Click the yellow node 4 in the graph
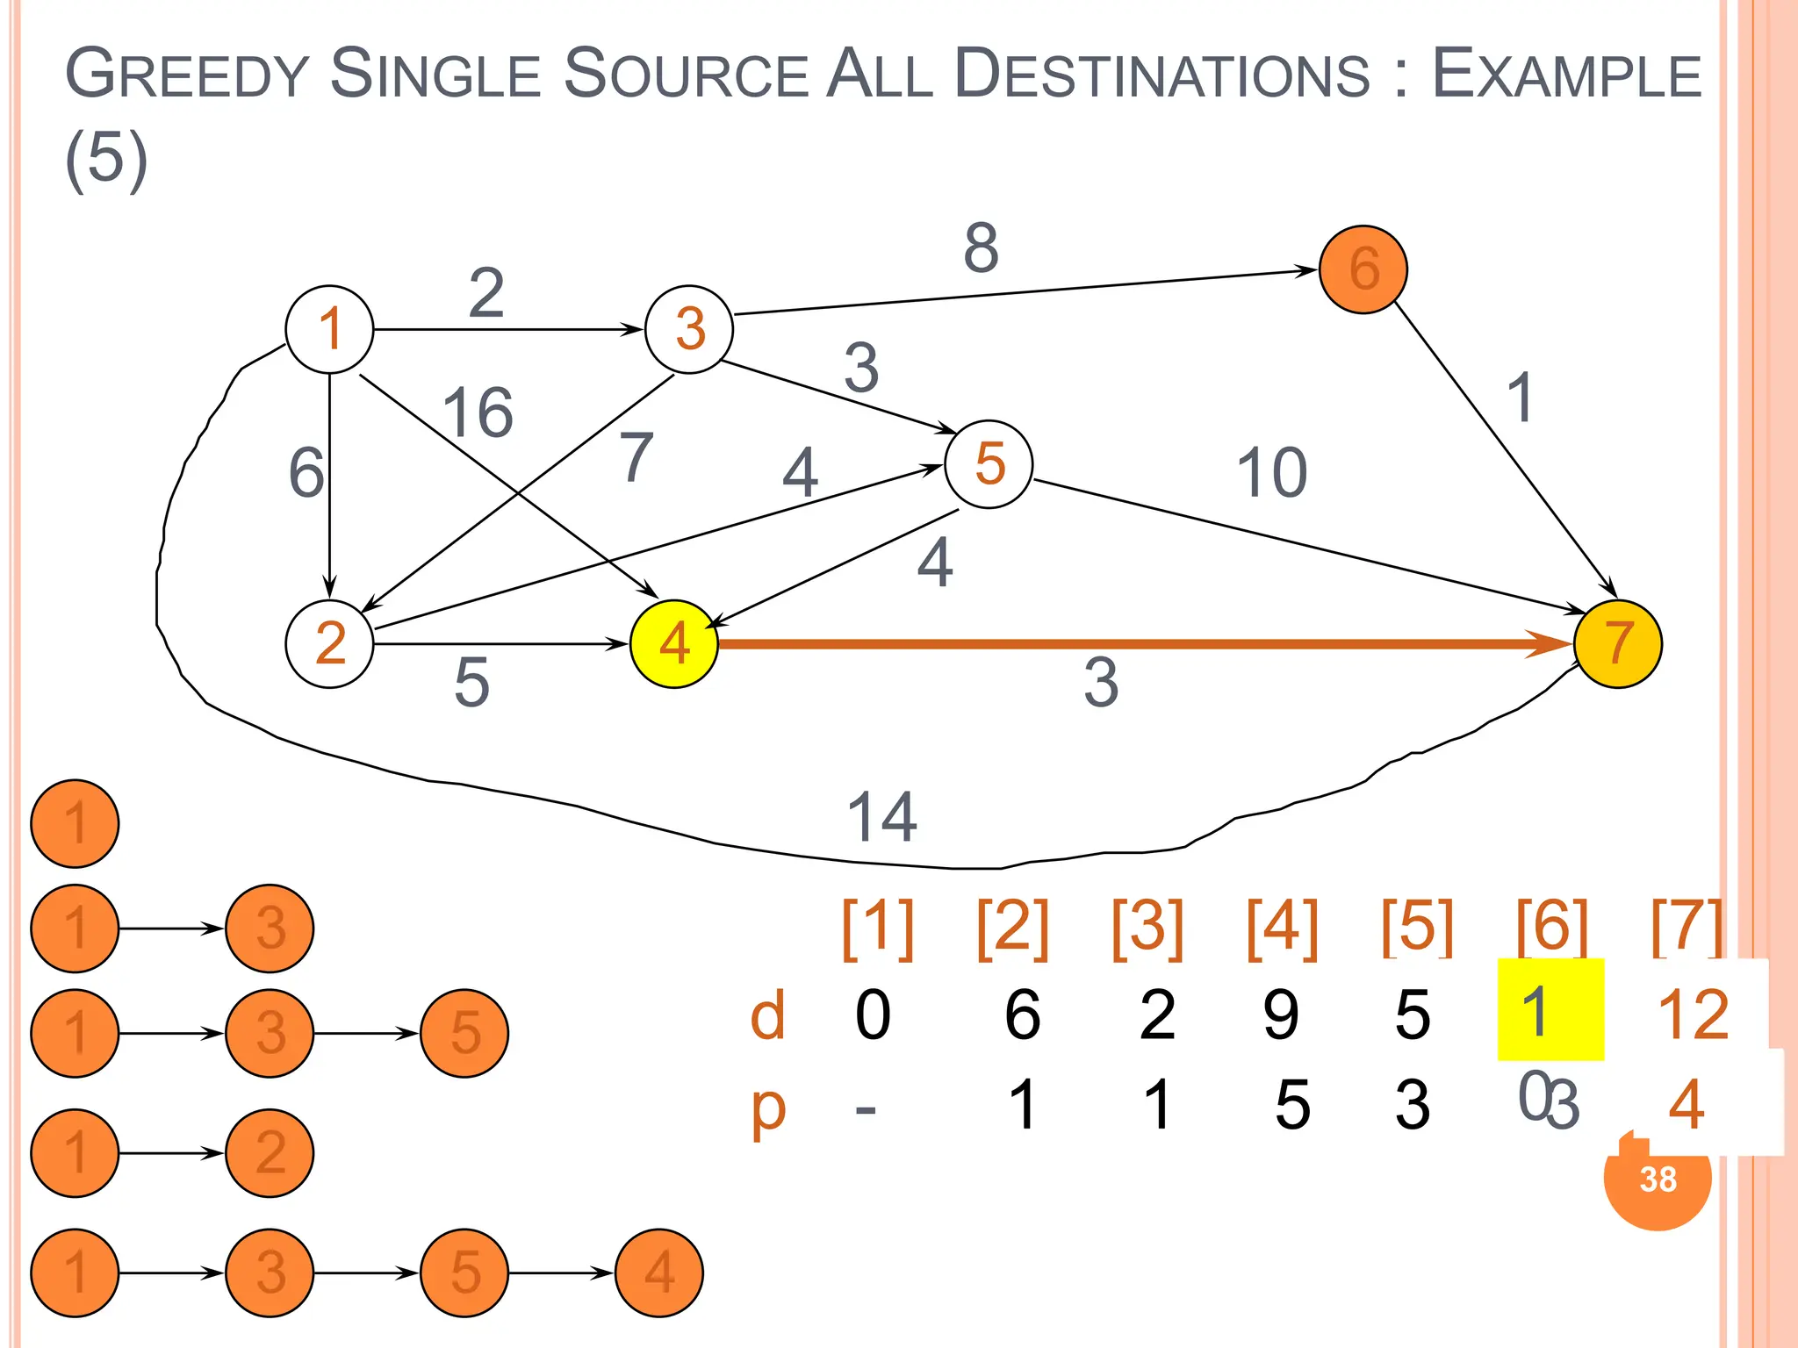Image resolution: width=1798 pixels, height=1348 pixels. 673,643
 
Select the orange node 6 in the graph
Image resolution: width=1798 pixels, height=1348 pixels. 1363,269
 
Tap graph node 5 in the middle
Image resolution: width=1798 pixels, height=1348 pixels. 989,464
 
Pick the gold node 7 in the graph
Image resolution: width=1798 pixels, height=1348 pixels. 1617,643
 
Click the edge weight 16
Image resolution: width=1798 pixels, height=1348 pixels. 478,412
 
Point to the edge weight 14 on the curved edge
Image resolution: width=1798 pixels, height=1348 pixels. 881,816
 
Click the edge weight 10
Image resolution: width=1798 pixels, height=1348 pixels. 1271,473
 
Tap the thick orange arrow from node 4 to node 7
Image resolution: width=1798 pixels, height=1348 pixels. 1141,644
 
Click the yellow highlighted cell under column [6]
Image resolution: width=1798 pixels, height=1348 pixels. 1550,1010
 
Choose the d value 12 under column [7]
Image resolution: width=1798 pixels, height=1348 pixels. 1693,1015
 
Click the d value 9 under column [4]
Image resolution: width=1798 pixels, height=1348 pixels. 1281,1015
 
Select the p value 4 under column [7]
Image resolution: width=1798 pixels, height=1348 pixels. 1686,1104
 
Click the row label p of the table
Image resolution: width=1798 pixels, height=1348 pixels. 768,1108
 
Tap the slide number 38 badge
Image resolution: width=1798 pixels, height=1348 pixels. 1658,1179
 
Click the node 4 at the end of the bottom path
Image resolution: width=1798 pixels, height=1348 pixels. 658,1273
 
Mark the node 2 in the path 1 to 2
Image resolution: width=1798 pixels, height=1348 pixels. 270,1152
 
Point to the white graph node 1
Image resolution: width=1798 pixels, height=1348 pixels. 329,329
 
